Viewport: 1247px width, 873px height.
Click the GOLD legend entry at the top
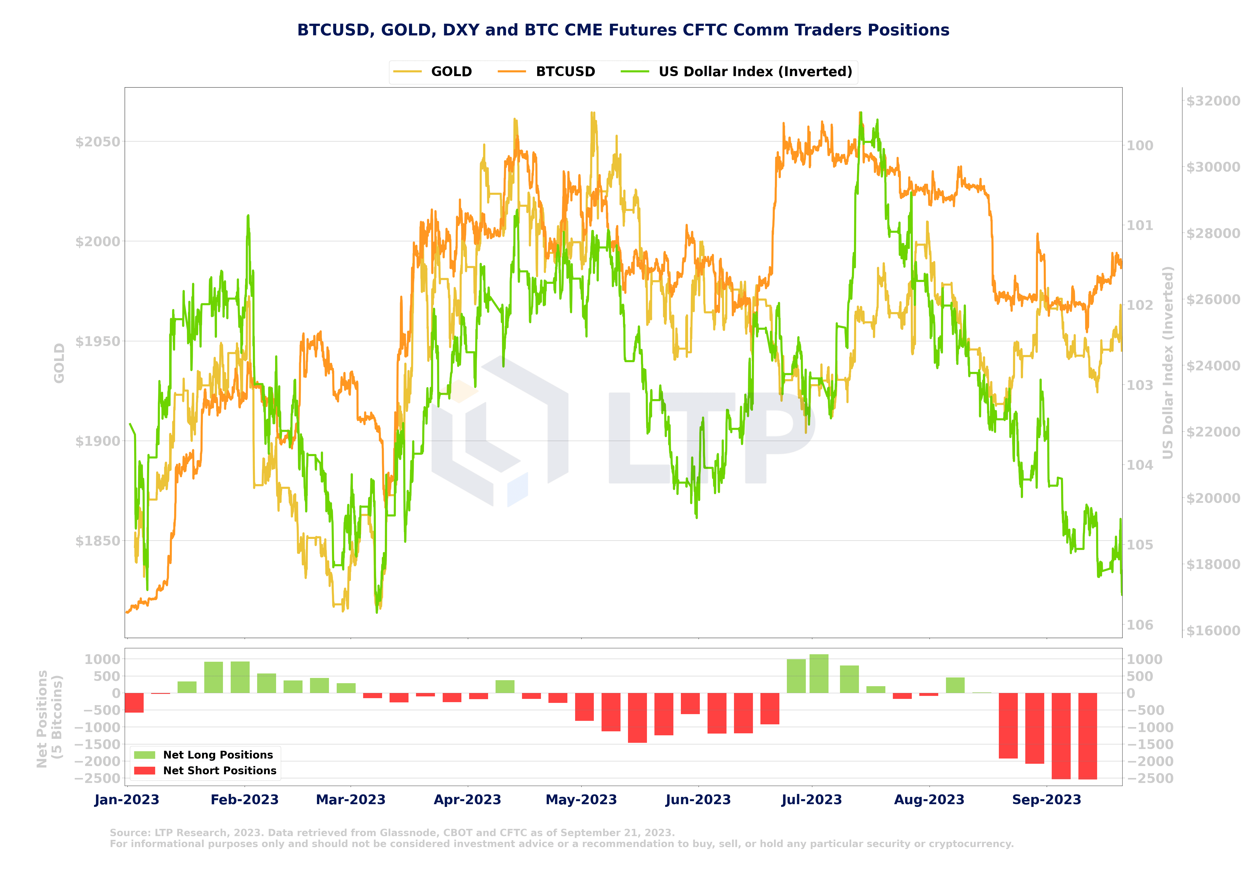[x=451, y=72]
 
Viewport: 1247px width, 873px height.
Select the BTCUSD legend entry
[x=565, y=72]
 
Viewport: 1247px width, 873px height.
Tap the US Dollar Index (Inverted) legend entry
[x=755, y=72]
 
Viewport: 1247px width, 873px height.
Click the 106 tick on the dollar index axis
[x=1139, y=625]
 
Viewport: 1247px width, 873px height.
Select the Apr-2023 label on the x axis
[x=467, y=800]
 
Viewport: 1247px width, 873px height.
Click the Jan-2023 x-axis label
[x=126, y=800]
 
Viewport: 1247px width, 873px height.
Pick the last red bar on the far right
[x=1087, y=736]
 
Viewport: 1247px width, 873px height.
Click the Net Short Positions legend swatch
[x=144, y=770]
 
